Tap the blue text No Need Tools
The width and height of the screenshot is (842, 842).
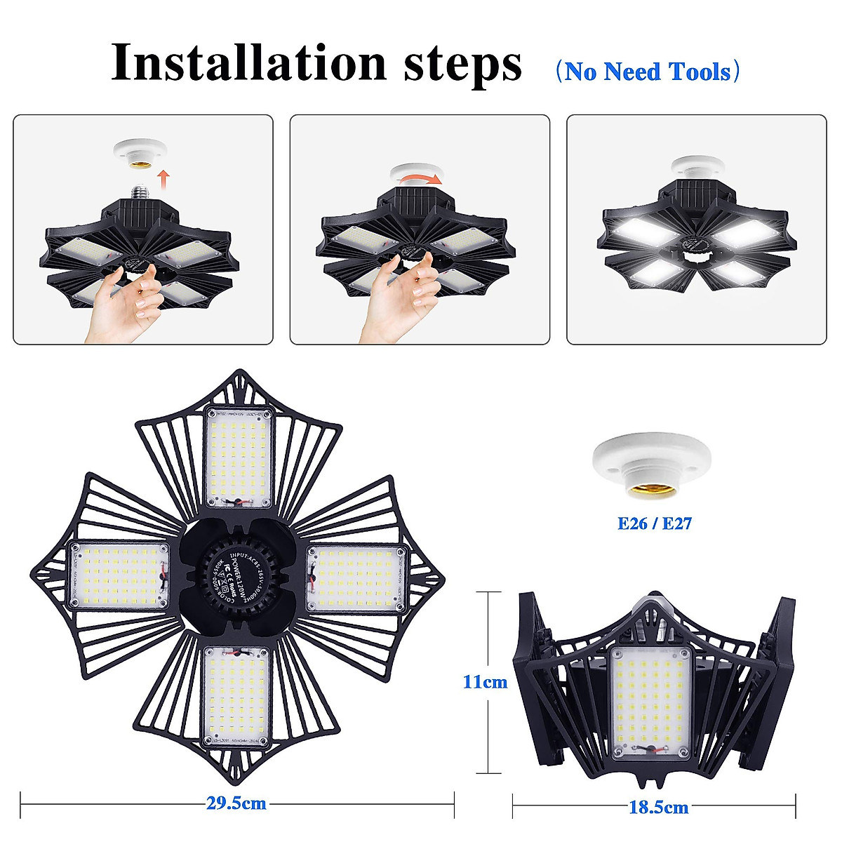click(646, 72)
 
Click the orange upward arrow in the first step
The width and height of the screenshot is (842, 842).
click(163, 178)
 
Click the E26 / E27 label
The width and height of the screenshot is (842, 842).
click(654, 523)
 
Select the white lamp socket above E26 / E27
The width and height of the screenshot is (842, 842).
click(652, 467)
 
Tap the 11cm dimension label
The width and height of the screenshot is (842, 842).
click(484, 681)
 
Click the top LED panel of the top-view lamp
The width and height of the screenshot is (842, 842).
click(239, 458)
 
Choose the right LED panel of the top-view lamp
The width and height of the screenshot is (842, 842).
click(356, 579)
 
